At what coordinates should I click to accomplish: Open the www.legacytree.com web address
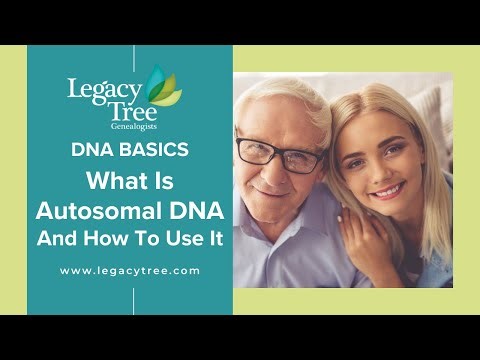click(x=130, y=271)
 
